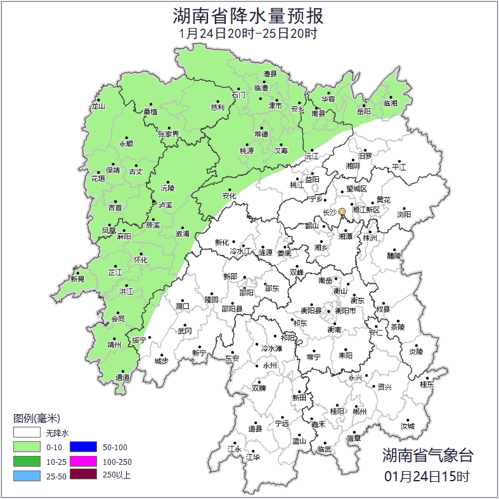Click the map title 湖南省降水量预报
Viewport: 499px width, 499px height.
click(249, 15)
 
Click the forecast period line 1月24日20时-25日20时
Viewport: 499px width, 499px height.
click(249, 33)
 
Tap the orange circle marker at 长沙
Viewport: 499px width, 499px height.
click(342, 211)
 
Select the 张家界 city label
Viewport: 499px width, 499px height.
click(169, 134)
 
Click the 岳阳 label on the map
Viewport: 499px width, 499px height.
click(363, 112)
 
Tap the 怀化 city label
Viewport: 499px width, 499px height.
click(140, 260)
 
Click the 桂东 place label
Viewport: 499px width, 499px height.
click(427, 384)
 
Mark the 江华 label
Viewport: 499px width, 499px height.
click(253, 457)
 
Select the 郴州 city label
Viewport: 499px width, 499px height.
click(360, 412)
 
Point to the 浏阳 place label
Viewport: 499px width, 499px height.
click(404, 214)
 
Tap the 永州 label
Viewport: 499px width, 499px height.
click(270, 366)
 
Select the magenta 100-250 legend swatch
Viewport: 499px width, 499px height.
click(83, 461)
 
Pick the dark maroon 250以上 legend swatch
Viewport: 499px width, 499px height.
click(83, 475)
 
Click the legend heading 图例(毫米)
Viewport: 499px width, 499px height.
click(36, 418)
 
